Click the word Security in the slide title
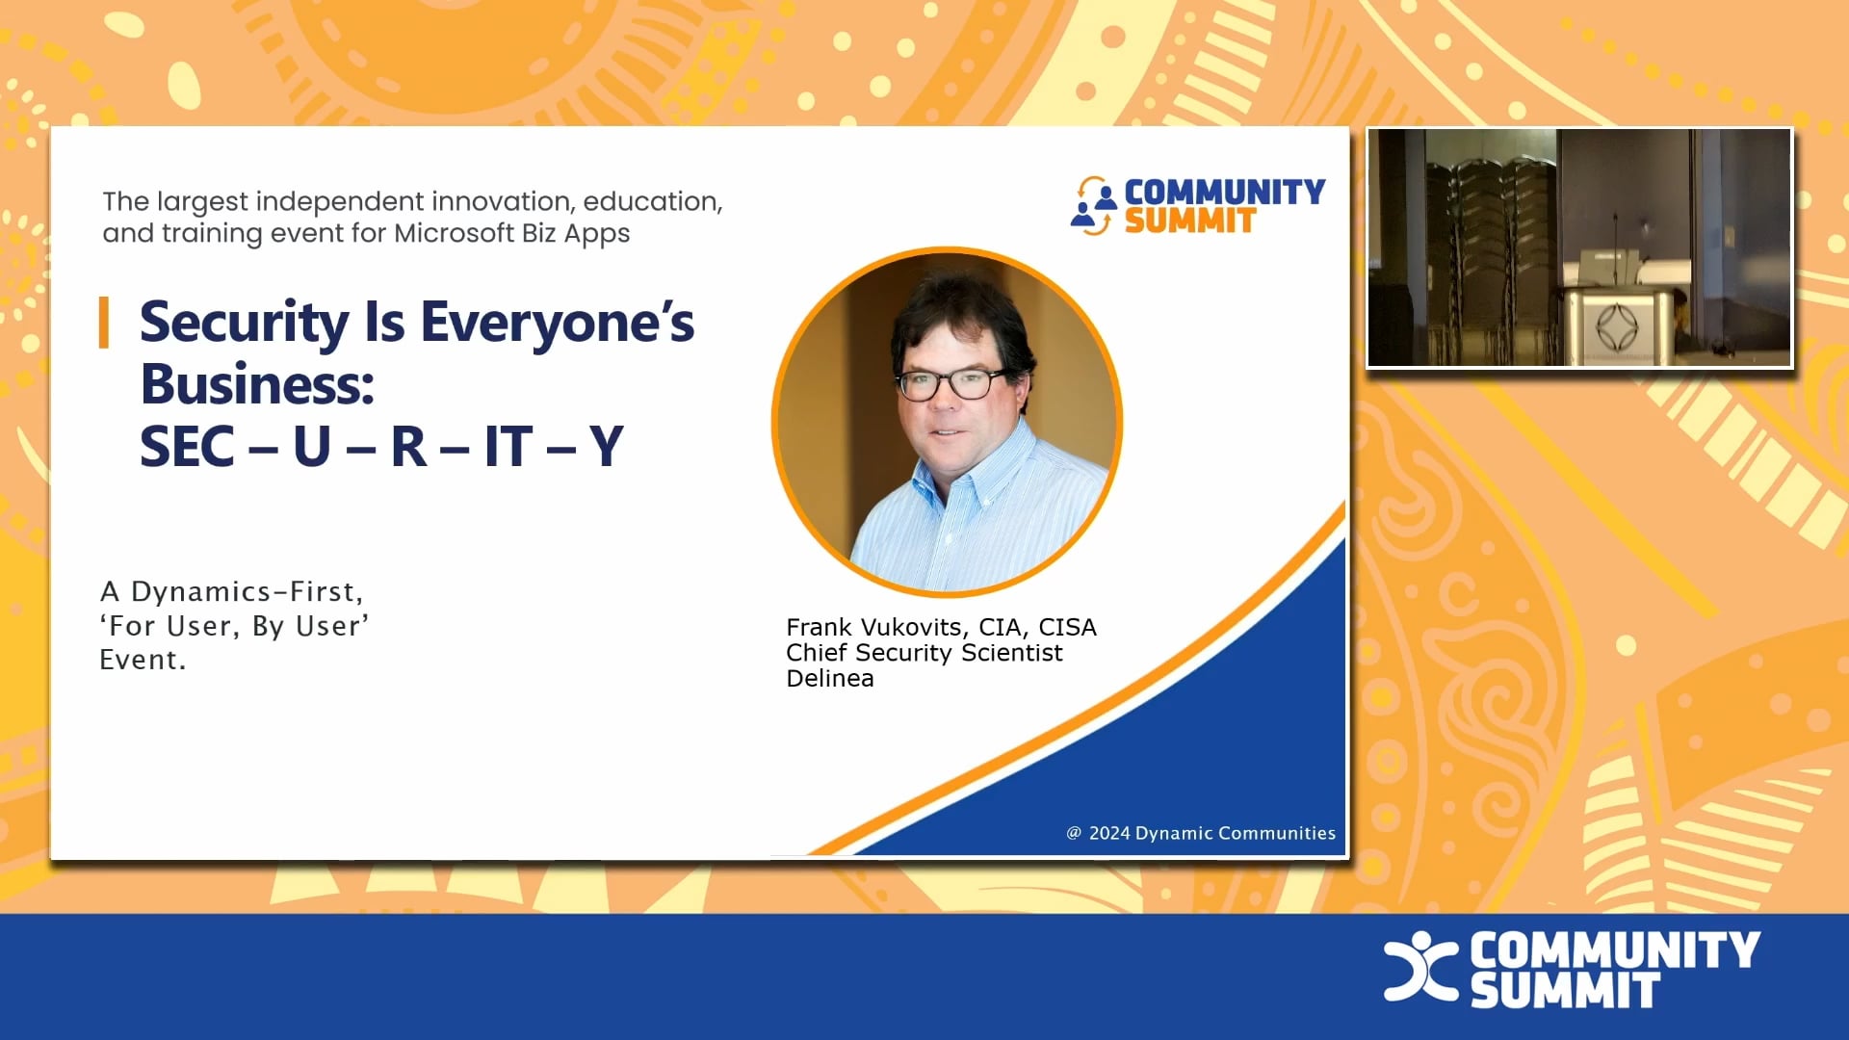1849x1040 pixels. (245, 323)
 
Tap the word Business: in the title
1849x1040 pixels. (257, 384)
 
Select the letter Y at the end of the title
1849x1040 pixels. (607, 447)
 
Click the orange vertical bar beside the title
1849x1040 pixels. (104, 323)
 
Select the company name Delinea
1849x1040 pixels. (830, 679)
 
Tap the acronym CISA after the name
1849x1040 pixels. (1067, 627)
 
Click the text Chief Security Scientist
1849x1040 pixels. (924, 653)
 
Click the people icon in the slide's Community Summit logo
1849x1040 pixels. (1093, 205)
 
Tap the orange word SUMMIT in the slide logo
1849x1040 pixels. (1190, 221)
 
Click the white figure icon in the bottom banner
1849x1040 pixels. (1419, 966)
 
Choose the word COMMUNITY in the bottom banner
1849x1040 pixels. (1615, 949)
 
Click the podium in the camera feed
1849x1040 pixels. (1616, 323)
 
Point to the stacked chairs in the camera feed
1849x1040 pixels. (1488, 250)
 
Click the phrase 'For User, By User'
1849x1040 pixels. (234, 626)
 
